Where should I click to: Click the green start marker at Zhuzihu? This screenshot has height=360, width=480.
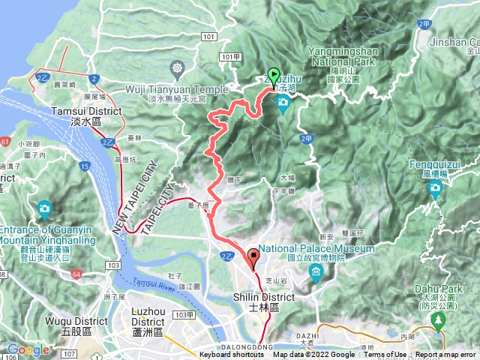(x=274, y=76)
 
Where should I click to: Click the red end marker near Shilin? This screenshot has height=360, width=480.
(x=253, y=259)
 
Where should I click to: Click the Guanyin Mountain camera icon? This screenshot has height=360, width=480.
(x=44, y=208)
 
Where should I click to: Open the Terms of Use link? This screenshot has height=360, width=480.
(x=385, y=355)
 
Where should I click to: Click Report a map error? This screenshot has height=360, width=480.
(x=446, y=355)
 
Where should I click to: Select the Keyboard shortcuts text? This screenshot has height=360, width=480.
(x=232, y=355)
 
